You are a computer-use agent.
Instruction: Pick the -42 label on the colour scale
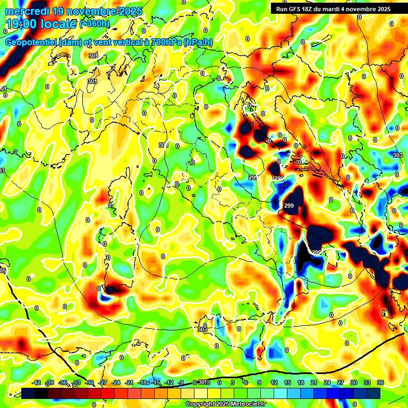37,382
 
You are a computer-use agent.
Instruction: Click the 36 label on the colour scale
380,382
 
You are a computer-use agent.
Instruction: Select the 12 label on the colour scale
274,382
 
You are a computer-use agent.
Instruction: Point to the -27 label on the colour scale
103,382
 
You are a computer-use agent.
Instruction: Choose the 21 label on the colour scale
314,382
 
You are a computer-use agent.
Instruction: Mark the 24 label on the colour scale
327,382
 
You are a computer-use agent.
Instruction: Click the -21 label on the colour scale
130,382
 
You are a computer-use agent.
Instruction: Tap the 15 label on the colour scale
287,382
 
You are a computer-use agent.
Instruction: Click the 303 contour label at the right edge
397,155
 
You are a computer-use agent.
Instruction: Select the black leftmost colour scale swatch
28,393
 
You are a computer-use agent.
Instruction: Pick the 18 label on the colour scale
301,382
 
